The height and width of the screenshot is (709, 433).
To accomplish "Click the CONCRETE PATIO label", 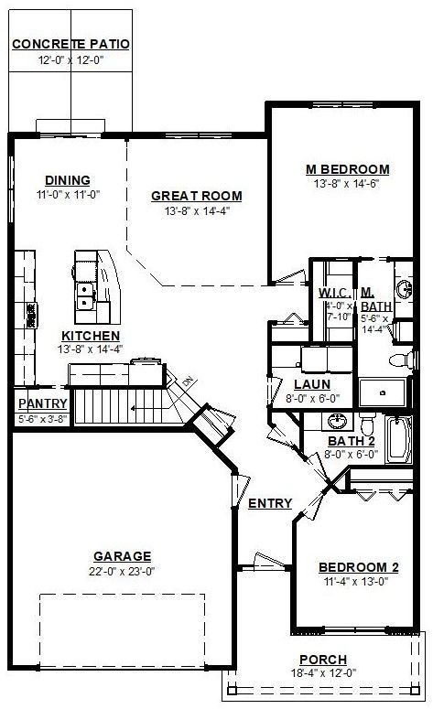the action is [70, 44].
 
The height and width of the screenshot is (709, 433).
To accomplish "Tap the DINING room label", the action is [68, 180].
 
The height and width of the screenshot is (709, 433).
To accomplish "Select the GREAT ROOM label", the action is [197, 197].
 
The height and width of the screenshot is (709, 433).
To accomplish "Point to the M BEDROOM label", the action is [348, 169].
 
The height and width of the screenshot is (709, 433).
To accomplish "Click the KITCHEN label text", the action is [91, 336].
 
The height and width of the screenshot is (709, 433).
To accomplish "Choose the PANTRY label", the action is [43, 403].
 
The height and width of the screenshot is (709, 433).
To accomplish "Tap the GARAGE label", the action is [122, 556].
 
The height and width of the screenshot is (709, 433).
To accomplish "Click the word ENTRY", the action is [270, 503].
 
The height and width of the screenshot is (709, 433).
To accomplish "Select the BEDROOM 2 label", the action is [359, 567].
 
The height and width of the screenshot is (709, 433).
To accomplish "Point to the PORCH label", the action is [323, 660].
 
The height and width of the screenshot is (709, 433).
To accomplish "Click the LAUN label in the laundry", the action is [312, 385].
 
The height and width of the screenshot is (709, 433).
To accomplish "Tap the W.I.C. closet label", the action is [335, 293].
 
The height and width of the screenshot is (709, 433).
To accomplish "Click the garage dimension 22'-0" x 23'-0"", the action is [122, 572].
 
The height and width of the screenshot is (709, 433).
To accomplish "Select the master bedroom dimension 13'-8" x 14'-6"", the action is [346, 184].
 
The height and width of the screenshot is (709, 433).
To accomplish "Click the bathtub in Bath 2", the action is [398, 440].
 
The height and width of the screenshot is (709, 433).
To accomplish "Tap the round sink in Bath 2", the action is [336, 422].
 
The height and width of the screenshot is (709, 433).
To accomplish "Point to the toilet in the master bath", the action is [401, 360].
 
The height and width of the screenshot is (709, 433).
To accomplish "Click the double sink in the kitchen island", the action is [85, 295].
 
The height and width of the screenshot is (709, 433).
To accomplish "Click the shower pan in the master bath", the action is [383, 392].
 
